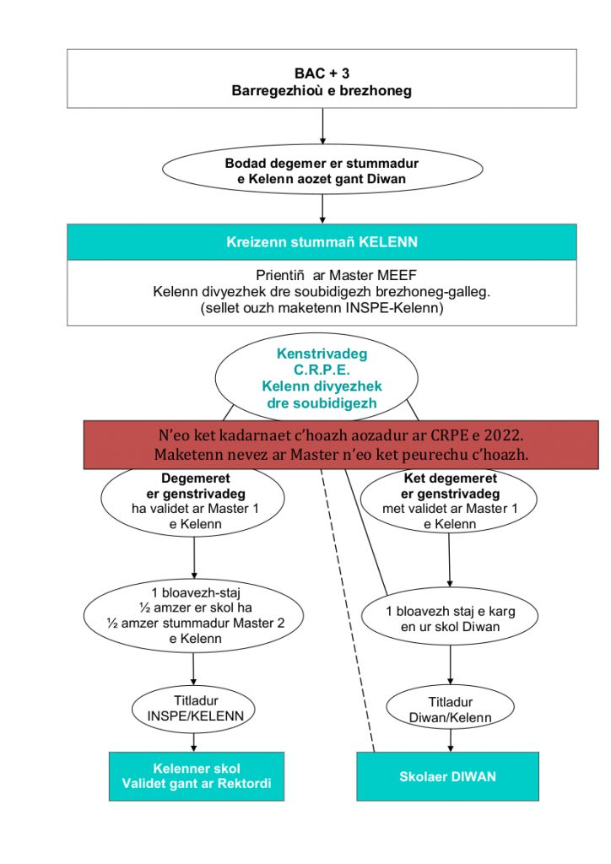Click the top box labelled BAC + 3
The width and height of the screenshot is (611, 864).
[x=322, y=78]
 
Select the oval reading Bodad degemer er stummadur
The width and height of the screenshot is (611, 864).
[x=322, y=170]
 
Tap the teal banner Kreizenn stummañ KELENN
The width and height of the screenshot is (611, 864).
[x=322, y=242]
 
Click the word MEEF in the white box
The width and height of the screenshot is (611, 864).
[x=396, y=275]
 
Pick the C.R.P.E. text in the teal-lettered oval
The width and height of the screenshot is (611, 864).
[x=322, y=370]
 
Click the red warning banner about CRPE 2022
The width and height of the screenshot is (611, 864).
[x=341, y=445]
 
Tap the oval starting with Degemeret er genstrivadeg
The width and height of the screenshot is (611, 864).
[x=192, y=500]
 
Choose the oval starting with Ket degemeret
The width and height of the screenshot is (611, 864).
[x=449, y=500]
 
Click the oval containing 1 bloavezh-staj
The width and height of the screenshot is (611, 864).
[x=194, y=615]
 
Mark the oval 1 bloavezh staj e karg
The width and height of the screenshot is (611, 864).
[x=450, y=618]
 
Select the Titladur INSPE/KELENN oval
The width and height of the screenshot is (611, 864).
[x=193, y=709]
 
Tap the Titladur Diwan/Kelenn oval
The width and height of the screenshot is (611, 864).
[x=450, y=709]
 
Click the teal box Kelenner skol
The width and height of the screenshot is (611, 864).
[x=197, y=776]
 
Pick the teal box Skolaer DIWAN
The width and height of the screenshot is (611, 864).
[x=447, y=776]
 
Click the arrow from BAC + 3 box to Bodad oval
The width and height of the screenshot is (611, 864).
[x=322, y=127]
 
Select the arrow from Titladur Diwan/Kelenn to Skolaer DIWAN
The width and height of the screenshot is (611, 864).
[x=451, y=741]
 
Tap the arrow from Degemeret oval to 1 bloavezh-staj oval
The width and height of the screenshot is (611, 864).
[x=194, y=558]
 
